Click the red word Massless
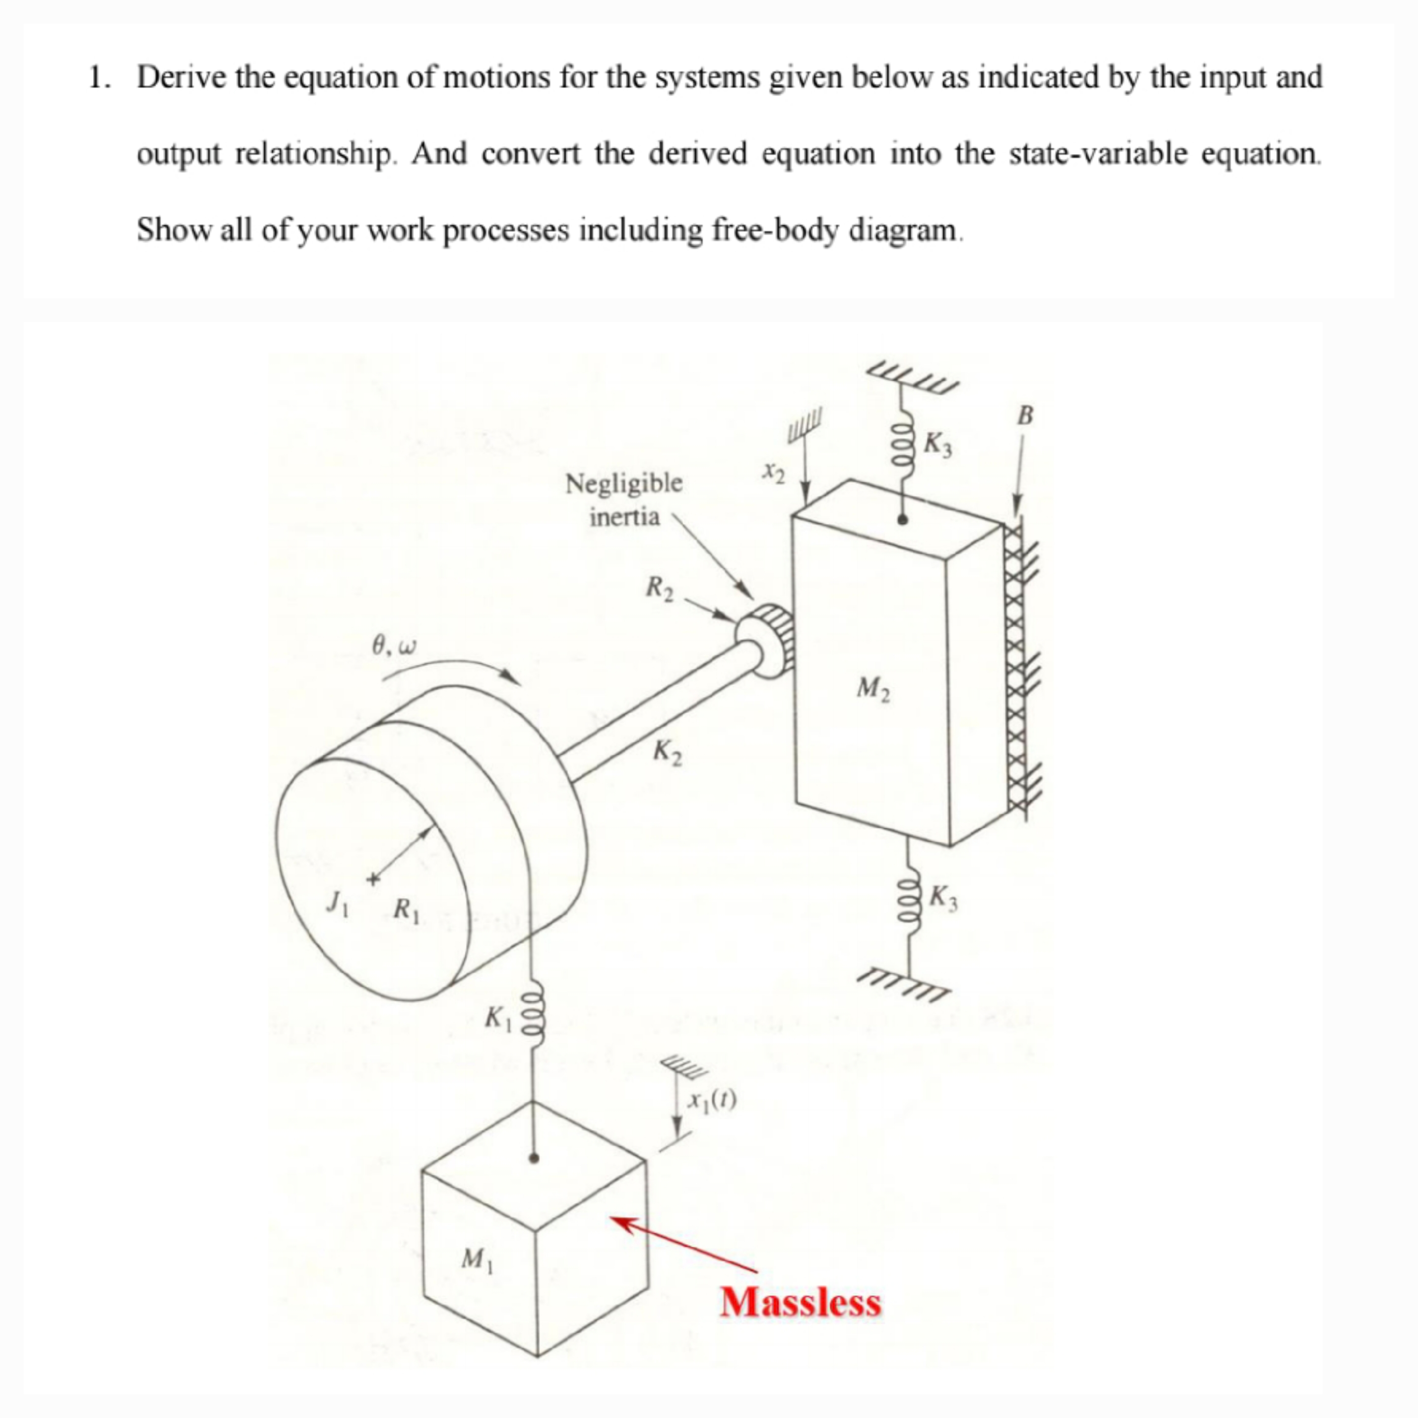800,1301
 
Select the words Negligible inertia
624,500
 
